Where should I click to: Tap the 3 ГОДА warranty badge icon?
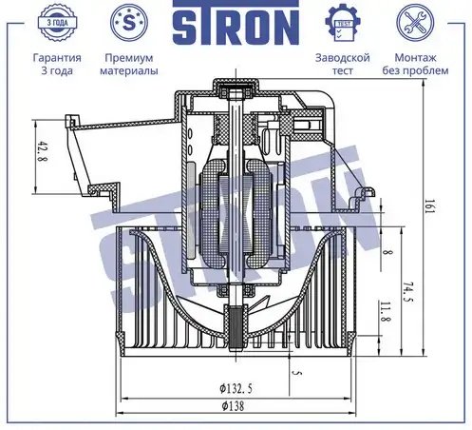pyautogui.click(x=57, y=23)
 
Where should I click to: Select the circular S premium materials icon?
pyautogui.click(x=129, y=23)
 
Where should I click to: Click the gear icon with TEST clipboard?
pyautogui.click(x=343, y=23)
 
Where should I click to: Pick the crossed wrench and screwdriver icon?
pyautogui.click(x=415, y=23)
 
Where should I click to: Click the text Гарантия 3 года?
pyautogui.click(x=57, y=64)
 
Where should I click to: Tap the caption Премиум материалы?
pyautogui.click(x=129, y=64)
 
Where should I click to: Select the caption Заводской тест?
pyautogui.click(x=343, y=64)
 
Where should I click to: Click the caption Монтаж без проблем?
pyautogui.click(x=415, y=64)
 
